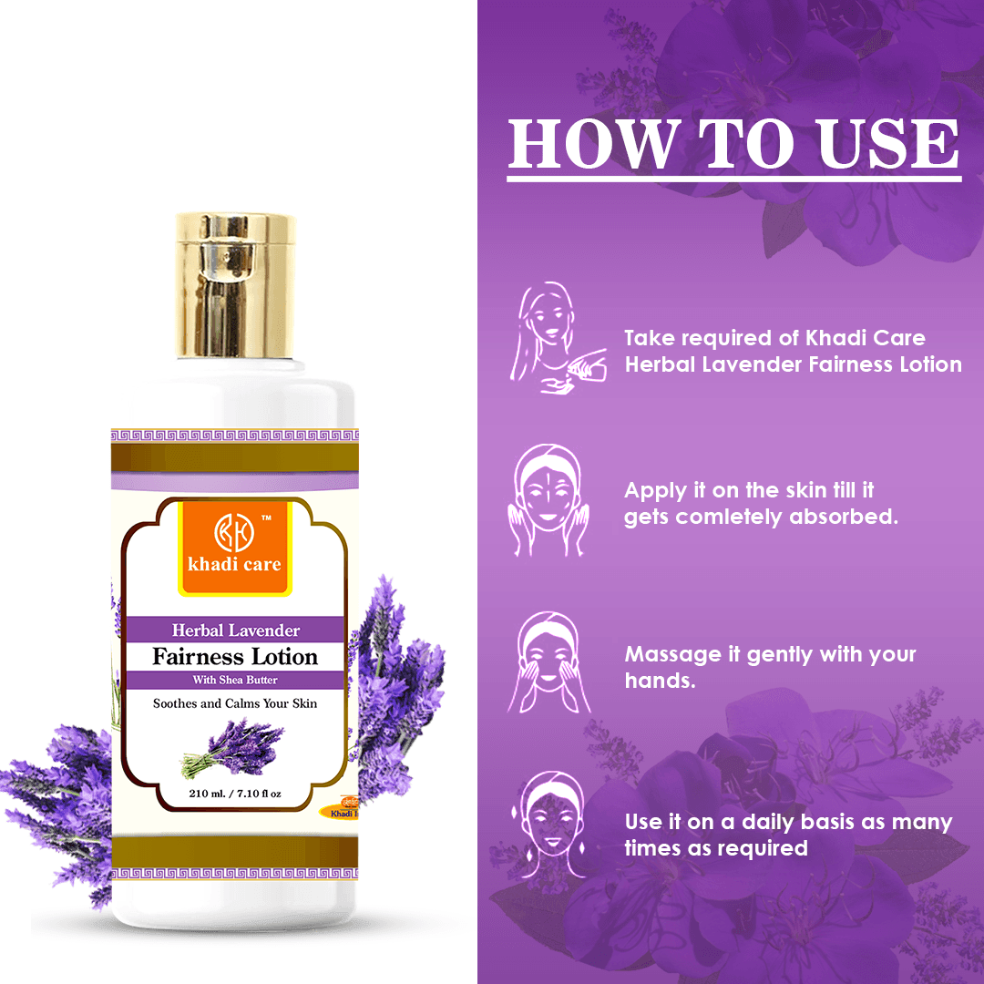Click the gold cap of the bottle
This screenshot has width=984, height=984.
[235, 285]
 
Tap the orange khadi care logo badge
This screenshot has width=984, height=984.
[235, 548]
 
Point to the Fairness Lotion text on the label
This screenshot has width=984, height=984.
[235, 656]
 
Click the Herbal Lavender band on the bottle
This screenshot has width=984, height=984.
[235, 630]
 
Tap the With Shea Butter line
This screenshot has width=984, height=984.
[235, 680]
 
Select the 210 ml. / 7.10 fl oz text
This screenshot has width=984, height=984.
[235, 794]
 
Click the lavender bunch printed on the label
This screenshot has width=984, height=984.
[232, 748]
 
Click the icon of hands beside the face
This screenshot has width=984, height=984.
[548, 499]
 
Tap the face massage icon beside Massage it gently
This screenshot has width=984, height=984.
[548, 662]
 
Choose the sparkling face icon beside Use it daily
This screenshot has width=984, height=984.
[549, 825]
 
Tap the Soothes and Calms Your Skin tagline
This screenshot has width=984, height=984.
[235, 703]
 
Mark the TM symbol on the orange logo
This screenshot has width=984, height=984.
[266, 518]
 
